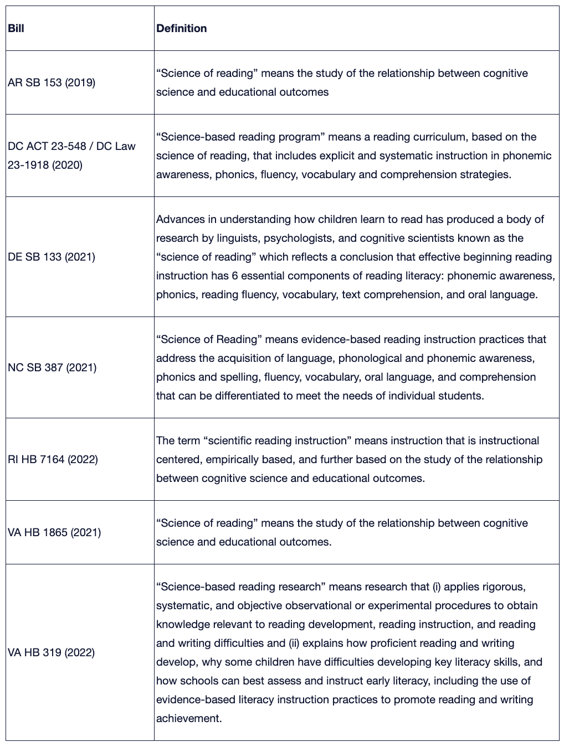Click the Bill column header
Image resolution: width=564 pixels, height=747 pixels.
click(x=16, y=28)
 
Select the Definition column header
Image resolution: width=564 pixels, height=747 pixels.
click(x=181, y=28)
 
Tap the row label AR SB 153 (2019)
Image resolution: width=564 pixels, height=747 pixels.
click(x=52, y=83)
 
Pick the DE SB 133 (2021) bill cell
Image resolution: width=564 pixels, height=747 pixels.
click(x=52, y=257)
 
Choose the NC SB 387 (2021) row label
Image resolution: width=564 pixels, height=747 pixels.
click(x=52, y=367)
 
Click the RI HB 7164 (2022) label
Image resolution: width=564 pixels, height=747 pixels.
click(x=53, y=459)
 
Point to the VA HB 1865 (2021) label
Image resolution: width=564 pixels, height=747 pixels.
click(x=54, y=532)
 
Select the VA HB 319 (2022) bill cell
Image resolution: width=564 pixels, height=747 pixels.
click(x=51, y=652)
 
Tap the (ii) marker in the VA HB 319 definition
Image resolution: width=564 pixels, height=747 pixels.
click(x=294, y=643)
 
